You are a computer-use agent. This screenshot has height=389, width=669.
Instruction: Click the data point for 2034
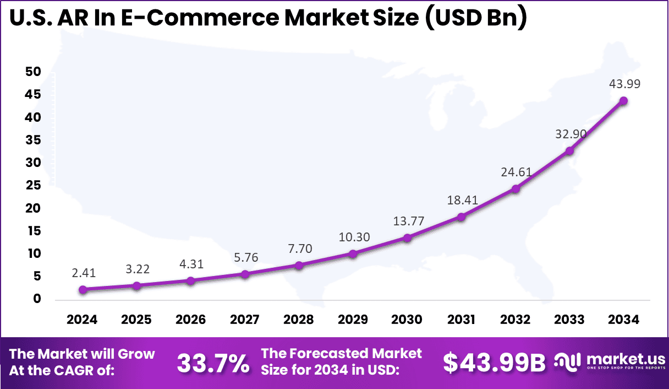point(623,101)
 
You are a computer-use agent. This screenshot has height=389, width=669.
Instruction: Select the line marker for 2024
point(83,290)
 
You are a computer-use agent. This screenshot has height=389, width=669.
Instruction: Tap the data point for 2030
point(407,238)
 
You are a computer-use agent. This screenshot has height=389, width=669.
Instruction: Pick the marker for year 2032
point(516,189)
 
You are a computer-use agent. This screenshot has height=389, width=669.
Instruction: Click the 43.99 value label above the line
point(624,84)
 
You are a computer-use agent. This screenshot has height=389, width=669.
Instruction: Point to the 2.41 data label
point(83,273)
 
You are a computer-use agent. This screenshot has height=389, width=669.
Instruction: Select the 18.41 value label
point(462,201)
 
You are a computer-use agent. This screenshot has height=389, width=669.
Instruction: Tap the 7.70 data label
point(299,248)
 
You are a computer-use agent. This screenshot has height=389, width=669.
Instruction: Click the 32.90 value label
point(569,134)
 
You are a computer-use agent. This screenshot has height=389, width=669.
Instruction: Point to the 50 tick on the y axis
point(32,72)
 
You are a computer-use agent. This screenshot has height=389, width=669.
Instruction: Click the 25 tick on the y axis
point(32,186)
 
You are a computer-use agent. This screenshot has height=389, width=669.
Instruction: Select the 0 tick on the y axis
point(37,299)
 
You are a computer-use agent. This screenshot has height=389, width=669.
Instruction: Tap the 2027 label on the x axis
point(245,320)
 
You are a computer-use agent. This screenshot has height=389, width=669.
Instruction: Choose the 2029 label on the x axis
point(353,320)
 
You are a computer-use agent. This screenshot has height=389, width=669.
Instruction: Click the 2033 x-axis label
point(569,320)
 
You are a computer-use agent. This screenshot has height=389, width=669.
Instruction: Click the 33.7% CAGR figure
point(213,363)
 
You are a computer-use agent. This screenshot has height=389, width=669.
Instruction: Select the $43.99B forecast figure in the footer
point(494,363)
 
